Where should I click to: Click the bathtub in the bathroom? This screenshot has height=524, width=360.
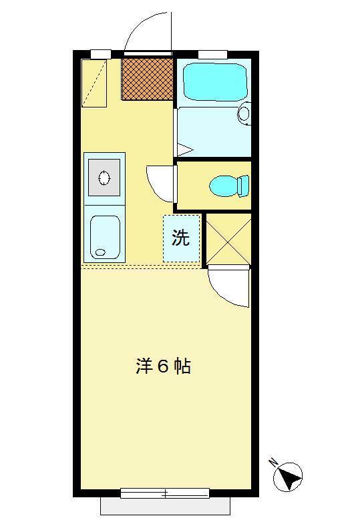tap(216, 82)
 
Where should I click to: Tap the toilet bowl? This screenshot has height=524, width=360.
tap(223, 186)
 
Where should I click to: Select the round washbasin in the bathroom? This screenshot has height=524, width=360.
tap(244, 113)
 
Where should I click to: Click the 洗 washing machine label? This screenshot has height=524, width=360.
tap(180, 238)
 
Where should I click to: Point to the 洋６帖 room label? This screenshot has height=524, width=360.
tap(163, 366)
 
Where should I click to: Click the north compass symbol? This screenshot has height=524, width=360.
tap(288, 477)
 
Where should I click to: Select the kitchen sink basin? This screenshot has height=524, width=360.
tap(105, 237)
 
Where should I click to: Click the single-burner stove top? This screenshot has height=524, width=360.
tap(104, 177)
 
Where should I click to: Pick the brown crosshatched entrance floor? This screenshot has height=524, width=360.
tap(148, 79)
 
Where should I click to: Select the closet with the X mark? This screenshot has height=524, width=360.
tap(228, 239)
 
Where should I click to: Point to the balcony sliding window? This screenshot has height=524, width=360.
tap(165, 493)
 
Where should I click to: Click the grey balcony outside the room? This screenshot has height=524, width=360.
tap(166, 506)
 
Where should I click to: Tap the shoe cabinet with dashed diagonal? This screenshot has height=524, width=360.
tap(94, 83)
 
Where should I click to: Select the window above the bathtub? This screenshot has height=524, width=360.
tap(213, 55)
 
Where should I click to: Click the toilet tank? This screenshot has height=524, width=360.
tap(243, 186)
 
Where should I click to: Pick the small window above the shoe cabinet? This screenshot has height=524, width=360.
tap(101, 54)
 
